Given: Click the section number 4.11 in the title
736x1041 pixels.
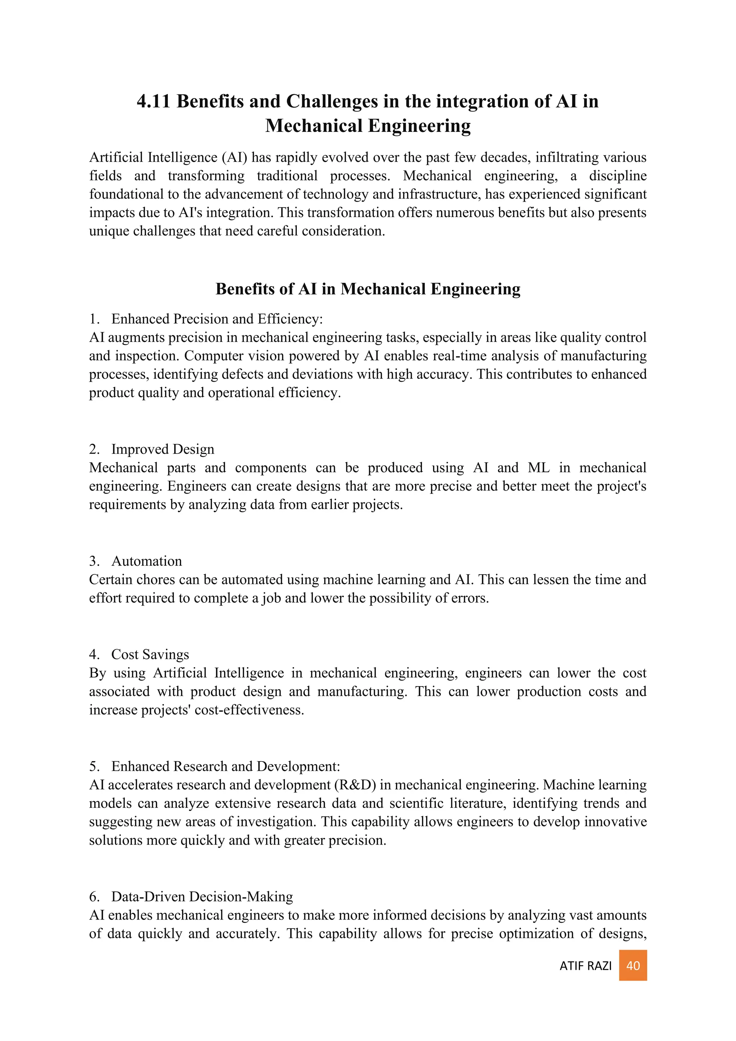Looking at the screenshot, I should (x=153, y=101).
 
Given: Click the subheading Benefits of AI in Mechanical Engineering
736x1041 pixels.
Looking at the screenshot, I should (x=368, y=289).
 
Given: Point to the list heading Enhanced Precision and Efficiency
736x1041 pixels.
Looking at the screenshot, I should (x=217, y=319).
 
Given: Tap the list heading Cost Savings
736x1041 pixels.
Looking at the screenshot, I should (x=150, y=654).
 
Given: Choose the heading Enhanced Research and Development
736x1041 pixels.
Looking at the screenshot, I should (x=225, y=766).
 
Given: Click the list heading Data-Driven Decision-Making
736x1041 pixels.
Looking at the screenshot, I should (x=202, y=896).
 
